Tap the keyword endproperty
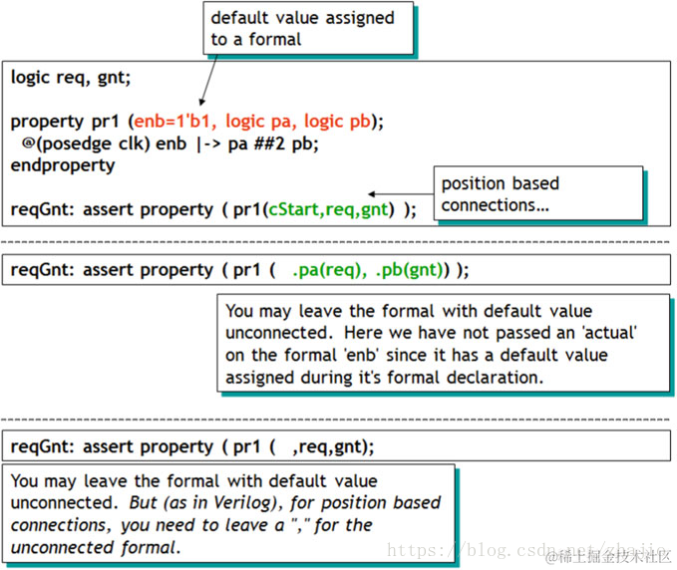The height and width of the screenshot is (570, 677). (x=62, y=165)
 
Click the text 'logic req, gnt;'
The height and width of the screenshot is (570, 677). (x=71, y=77)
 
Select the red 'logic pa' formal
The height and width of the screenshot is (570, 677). (x=258, y=122)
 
